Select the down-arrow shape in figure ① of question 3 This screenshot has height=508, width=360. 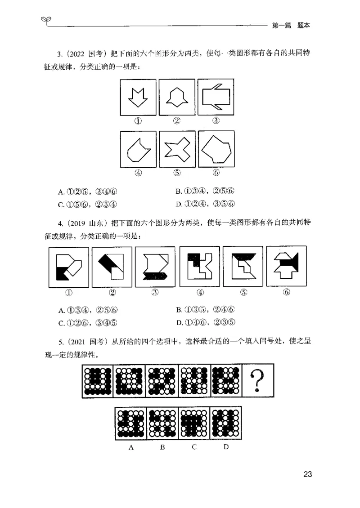click(138, 97)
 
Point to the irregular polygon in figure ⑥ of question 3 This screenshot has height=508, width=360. click(216, 149)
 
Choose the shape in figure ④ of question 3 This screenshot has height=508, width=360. click(138, 150)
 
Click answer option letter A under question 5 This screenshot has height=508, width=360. click(131, 447)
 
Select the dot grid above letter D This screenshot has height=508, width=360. click(226, 423)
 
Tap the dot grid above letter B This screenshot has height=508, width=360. click(163, 423)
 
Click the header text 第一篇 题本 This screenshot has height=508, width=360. click(291, 26)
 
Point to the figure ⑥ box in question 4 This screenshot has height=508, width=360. click(286, 266)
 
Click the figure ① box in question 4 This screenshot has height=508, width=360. click(68, 267)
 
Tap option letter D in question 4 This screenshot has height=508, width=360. click(179, 322)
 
